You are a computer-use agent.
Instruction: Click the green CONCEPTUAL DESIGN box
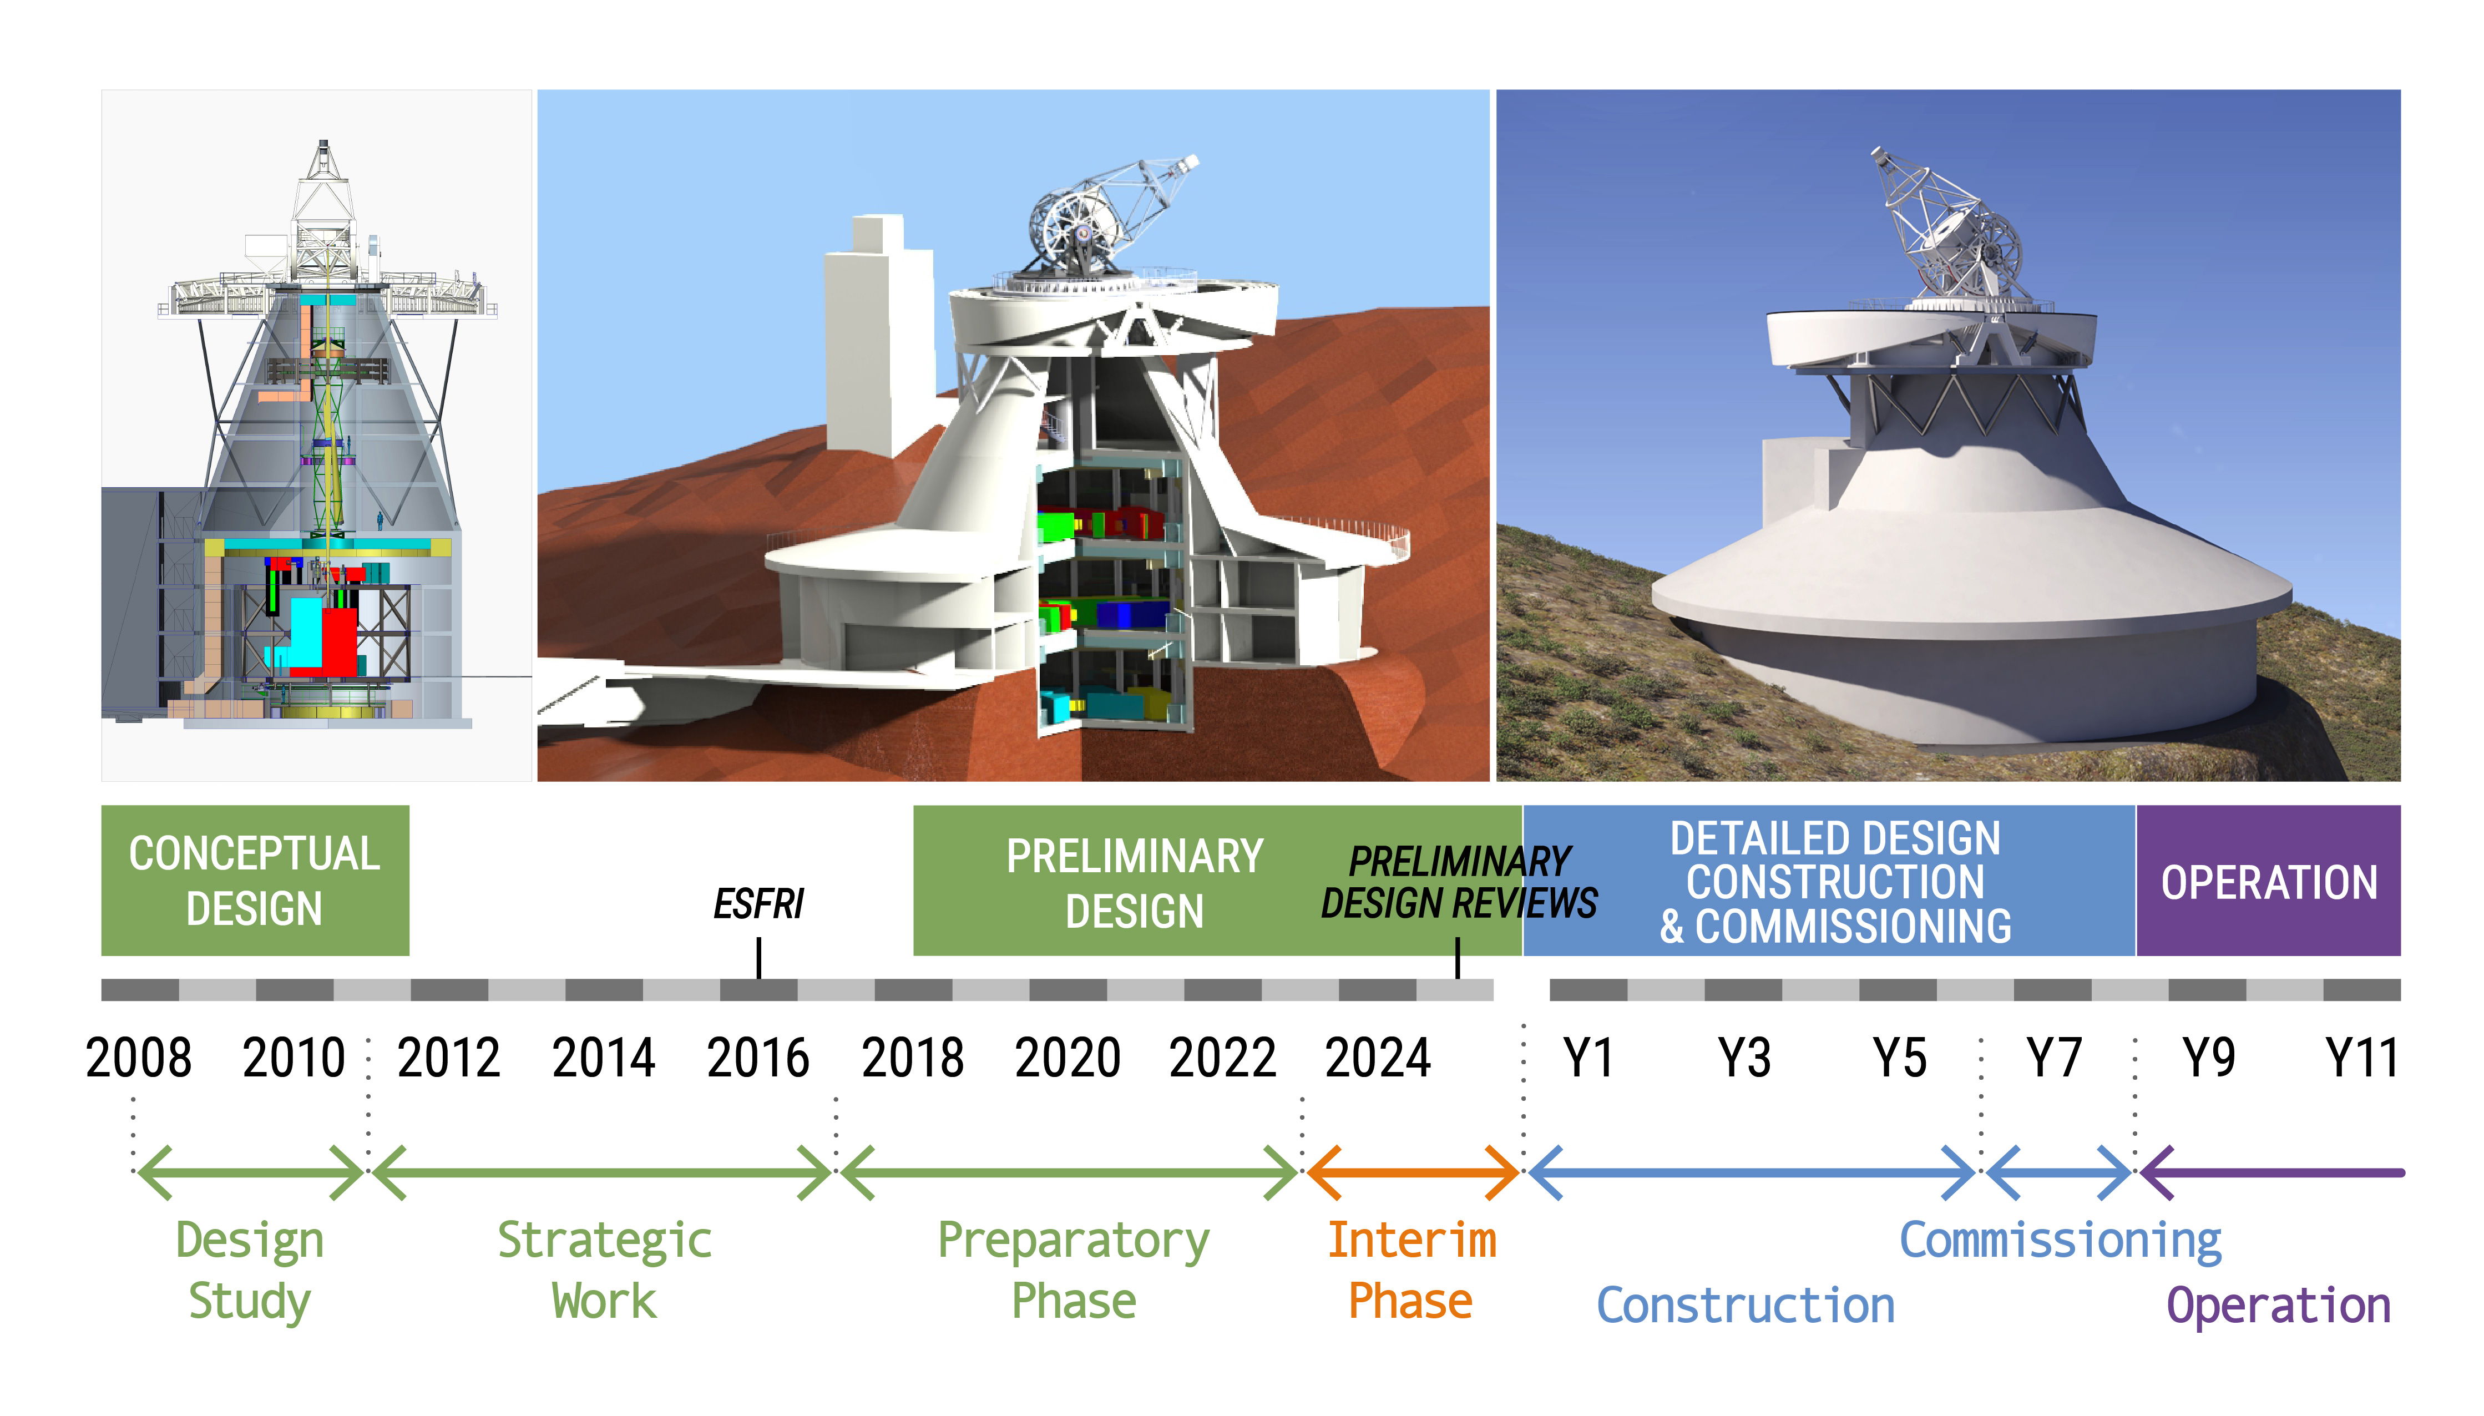[x=255, y=880]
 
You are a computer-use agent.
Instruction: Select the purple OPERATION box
[x=2268, y=880]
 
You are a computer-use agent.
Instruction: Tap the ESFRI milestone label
[x=758, y=903]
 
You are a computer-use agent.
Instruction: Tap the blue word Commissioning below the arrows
[x=2060, y=1241]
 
